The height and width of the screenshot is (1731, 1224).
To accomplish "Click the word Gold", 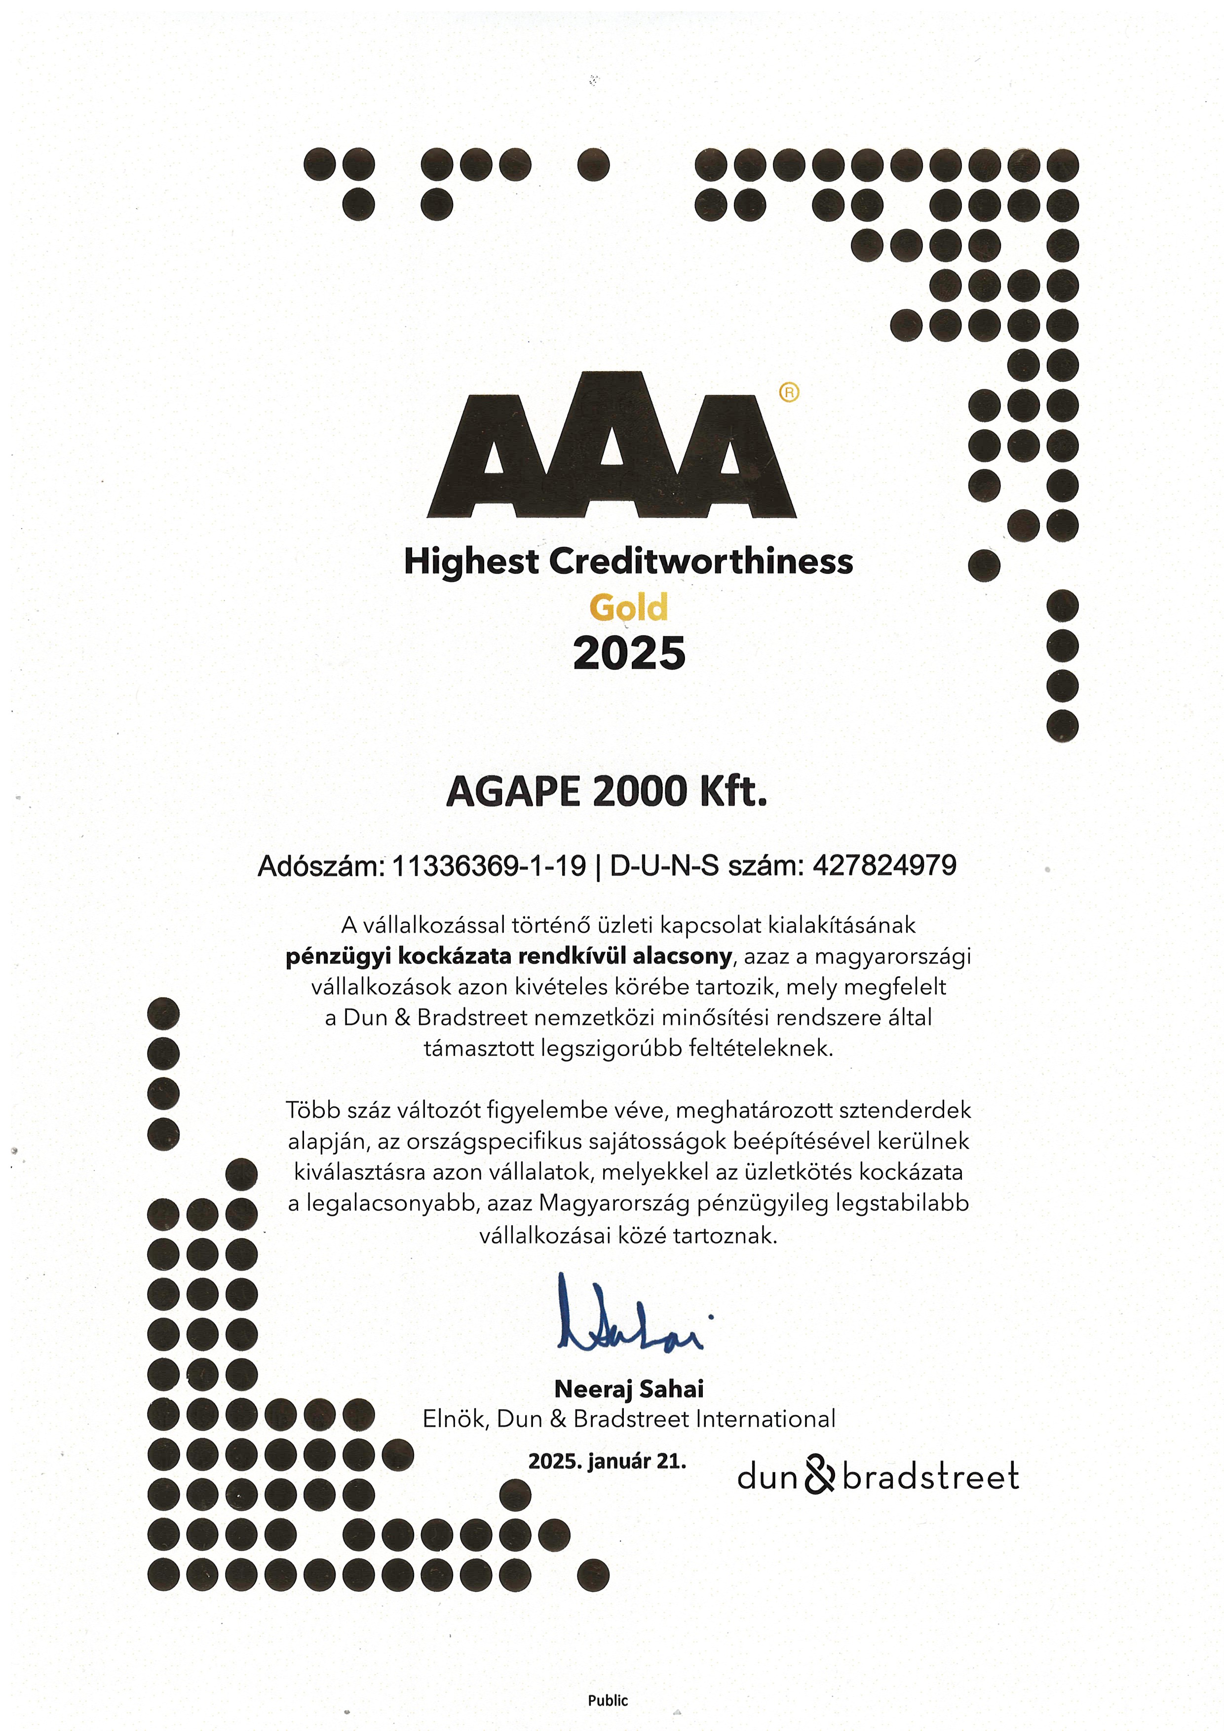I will tap(628, 607).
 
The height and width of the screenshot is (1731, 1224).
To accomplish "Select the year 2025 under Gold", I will tap(629, 653).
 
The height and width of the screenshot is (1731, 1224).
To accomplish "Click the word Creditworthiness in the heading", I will tap(701, 562).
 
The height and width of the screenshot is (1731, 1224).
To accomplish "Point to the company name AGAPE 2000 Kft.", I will tap(607, 791).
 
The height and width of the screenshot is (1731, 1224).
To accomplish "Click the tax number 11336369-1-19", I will tap(489, 865).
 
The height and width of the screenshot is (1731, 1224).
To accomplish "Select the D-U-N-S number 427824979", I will tap(884, 865).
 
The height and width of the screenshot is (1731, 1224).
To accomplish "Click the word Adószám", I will tap(320, 866).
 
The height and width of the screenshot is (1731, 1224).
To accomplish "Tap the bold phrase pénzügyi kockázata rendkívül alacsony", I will tap(508, 956).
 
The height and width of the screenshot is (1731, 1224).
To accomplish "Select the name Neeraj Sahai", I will tap(629, 1389).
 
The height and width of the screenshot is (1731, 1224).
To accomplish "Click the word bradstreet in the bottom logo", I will tap(931, 1476).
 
